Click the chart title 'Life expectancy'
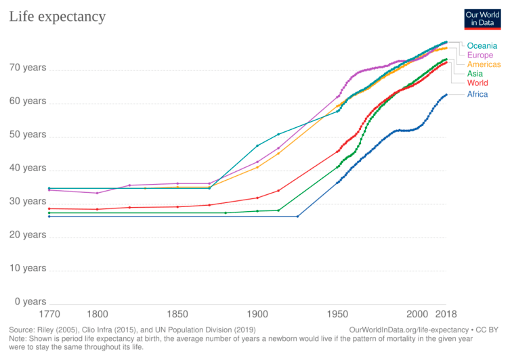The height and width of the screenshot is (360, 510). pyautogui.click(x=57, y=16)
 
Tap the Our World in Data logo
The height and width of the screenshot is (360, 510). pyautogui.click(x=482, y=18)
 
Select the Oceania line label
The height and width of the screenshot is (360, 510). pyautogui.click(x=482, y=45)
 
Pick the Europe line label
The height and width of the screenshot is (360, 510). pyautogui.click(x=480, y=55)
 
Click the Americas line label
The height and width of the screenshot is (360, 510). pyautogui.click(x=484, y=64)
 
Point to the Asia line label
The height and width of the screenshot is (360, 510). pyautogui.click(x=475, y=73)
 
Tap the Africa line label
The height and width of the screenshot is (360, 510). pyautogui.click(x=477, y=94)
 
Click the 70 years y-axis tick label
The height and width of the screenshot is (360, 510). pyautogui.click(x=27, y=68)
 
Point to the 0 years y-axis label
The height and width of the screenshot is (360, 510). pyautogui.click(x=30, y=302)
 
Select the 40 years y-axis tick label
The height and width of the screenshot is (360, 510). pyautogui.click(x=27, y=168)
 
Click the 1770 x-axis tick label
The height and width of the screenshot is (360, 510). pyautogui.click(x=49, y=315)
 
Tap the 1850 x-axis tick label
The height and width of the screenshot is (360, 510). pyautogui.click(x=177, y=315)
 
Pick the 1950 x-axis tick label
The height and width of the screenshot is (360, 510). pyautogui.click(x=337, y=315)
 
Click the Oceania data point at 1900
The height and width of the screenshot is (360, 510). pyautogui.click(x=257, y=145)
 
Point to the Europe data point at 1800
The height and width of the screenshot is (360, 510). pyautogui.click(x=98, y=193)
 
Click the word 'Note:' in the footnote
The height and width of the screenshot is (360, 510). pyautogui.click(x=20, y=338)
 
